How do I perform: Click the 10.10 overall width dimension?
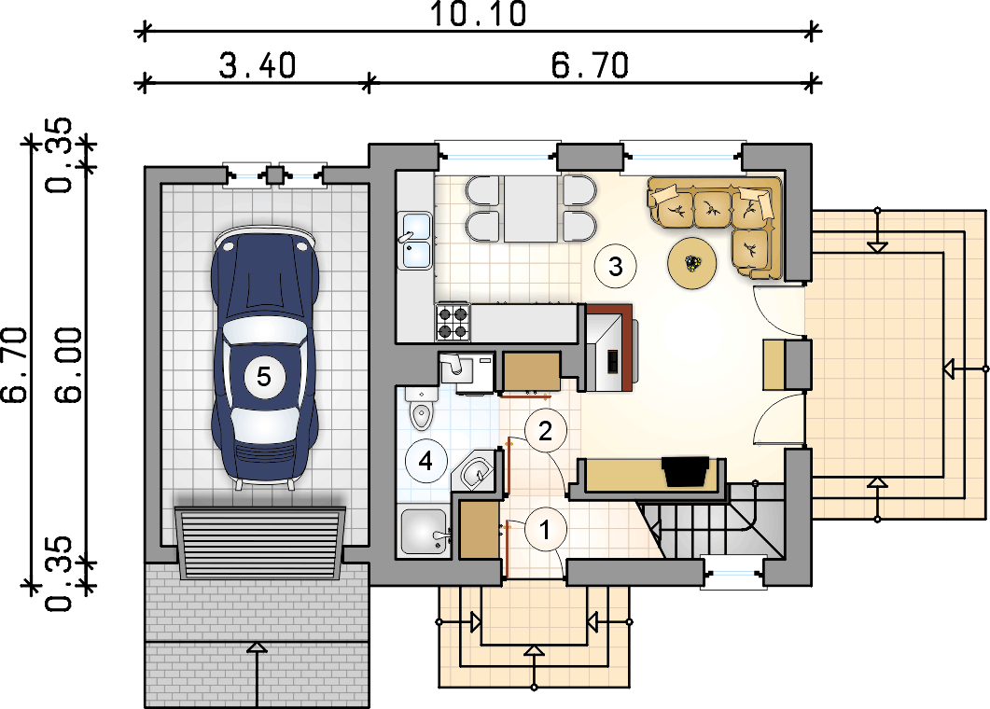pos(478,14)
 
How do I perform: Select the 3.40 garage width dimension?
pos(258,65)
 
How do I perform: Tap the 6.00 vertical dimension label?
pos(69,365)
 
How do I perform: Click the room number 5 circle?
pos(263,377)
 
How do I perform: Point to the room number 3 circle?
pos(616,267)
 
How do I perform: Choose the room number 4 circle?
pos(425,461)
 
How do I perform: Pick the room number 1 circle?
pos(546,530)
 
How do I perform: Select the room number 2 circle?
pos(545,431)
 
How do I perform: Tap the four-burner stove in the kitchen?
pos(453,322)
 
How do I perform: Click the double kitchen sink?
pos(415,241)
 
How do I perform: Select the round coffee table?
pos(692,263)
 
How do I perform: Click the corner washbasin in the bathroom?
pos(476,471)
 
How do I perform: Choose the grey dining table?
pos(531,209)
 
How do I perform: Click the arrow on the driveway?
pos(257,674)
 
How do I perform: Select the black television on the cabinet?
pos(685,471)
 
